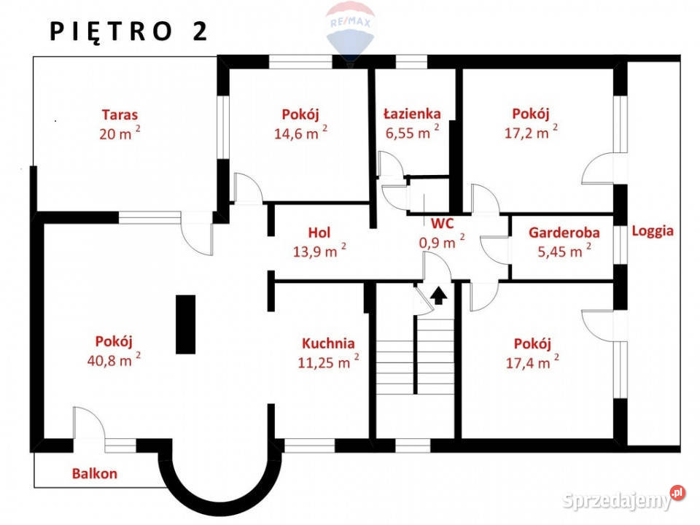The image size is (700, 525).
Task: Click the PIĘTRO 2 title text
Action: click(x=128, y=31)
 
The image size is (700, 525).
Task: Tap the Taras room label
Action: click(x=120, y=114)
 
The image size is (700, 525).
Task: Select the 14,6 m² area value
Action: click(x=300, y=133)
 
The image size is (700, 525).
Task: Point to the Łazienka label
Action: click(x=412, y=114)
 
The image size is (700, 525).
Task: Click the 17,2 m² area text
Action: click(x=531, y=132)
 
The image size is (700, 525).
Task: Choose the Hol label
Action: click(x=319, y=233)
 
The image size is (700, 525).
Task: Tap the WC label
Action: click(x=442, y=223)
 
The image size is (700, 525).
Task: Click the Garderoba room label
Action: click(x=564, y=233)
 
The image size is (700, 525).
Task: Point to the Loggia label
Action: click(x=652, y=231)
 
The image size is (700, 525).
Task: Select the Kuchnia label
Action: click(x=328, y=343)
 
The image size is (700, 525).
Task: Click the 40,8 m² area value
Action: click(x=114, y=359)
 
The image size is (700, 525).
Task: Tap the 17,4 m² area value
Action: click(x=532, y=362)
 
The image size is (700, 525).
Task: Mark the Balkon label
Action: click(x=95, y=473)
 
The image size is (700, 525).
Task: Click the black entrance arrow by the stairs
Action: click(x=438, y=295)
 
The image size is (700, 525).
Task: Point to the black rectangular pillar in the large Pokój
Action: click(x=185, y=324)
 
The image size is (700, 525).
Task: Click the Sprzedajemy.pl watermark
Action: click(x=623, y=499)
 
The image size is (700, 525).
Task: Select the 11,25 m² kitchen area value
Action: click(x=328, y=362)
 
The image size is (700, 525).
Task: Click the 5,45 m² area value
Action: click(x=564, y=252)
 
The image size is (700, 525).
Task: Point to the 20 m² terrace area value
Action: click(x=120, y=133)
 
